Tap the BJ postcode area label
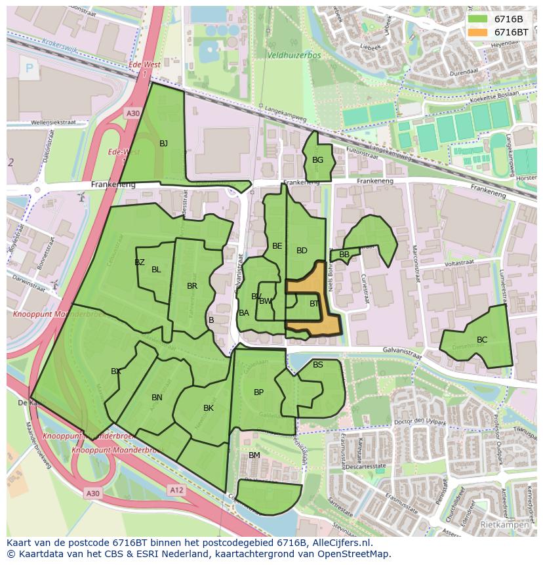click(164, 144)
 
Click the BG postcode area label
click(317, 160)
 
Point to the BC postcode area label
click(482, 340)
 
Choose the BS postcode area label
click(318, 365)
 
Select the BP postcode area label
click(258, 392)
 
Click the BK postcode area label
click(209, 408)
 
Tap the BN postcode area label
click(157, 398)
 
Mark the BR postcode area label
click(192, 286)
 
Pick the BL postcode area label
click(156, 270)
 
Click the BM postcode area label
click(254, 455)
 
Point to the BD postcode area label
click(302, 251)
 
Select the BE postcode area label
click(277, 246)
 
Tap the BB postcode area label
click(344, 255)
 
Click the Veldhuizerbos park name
click(294, 56)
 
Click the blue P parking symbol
click(29, 68)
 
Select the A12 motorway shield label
click(176, 490)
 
